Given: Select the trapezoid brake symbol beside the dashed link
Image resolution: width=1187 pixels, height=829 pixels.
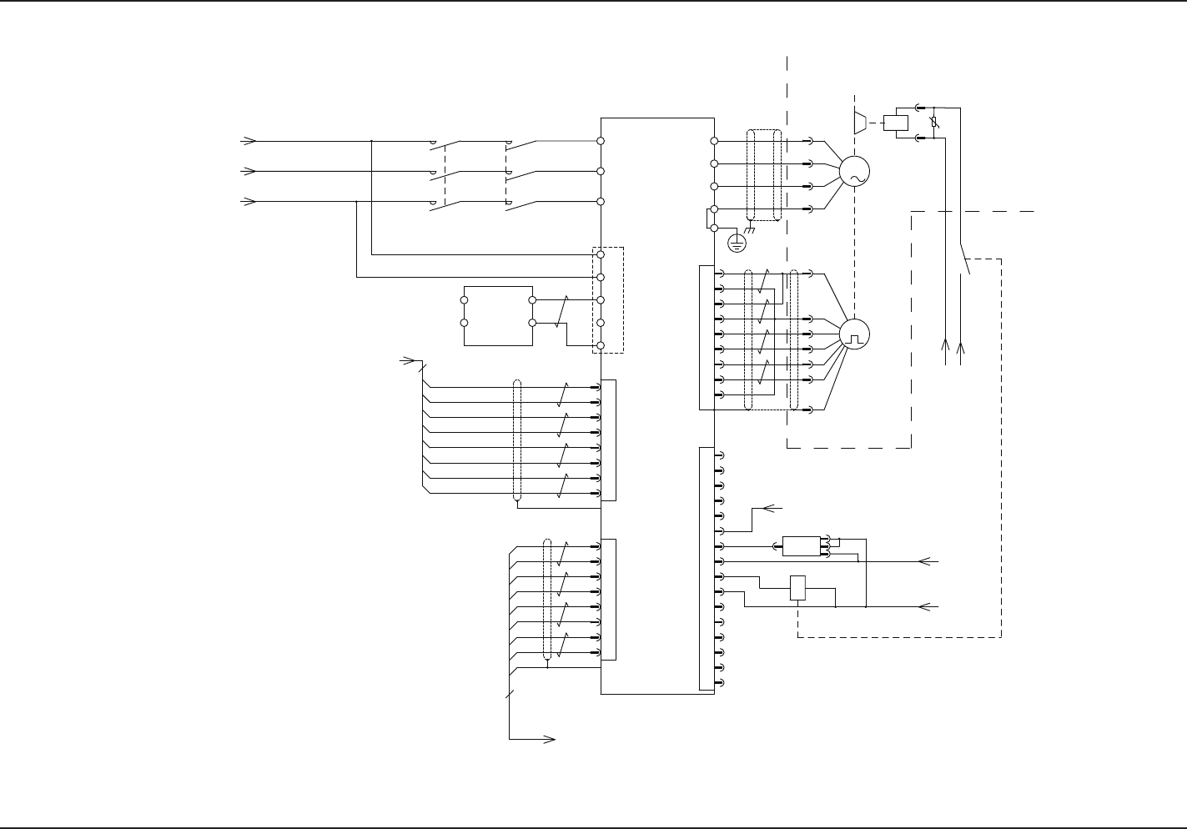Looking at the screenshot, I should (x=860, y=122).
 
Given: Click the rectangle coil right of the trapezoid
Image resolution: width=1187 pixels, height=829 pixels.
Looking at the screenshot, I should (x=895, y=123).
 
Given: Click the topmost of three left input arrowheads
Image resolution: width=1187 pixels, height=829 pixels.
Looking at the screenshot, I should (x=248, y=141).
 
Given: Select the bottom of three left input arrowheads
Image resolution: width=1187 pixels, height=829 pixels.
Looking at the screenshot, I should (x=248, y=202).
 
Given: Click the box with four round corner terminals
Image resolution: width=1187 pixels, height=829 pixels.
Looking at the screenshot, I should (x=497, y=315).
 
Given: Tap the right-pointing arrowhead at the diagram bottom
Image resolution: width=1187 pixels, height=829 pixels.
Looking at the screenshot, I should (x=550, y=739).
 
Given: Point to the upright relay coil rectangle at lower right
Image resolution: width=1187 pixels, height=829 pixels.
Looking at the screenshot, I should (x=797, y=588).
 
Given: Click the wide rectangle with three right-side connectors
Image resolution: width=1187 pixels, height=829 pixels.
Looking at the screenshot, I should (x=801, y=546).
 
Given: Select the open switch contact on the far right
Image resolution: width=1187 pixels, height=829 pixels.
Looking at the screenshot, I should (x=964, y=259).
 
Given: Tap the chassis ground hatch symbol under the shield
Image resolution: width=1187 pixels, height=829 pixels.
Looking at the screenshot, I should (x=748, y=230).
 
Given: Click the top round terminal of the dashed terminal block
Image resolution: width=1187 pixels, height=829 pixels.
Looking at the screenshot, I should (x=601, y=254).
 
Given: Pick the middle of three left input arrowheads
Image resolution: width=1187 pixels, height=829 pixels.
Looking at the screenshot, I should (x=248, y=171).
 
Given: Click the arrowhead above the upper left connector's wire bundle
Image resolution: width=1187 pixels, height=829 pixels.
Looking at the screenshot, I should (x=409, y=360).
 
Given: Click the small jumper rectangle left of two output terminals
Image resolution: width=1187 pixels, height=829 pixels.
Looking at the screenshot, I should (x=710, y=217).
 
